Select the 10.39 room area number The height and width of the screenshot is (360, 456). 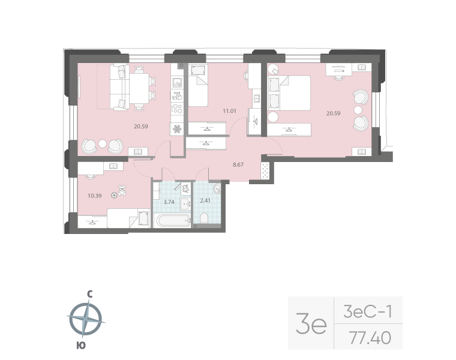click(94, 196)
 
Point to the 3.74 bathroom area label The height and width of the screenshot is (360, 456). click(169, 202)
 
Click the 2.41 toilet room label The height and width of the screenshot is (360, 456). click(204, 200)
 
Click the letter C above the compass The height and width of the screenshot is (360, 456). click(89, 294)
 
